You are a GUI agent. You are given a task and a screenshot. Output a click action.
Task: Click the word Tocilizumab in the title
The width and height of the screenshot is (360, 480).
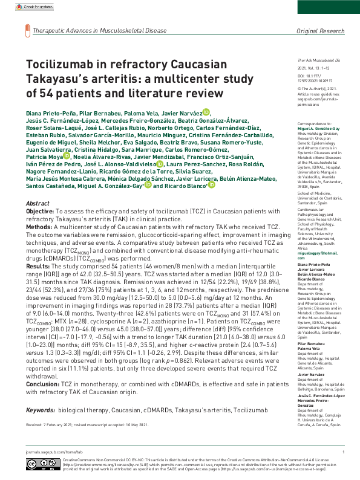(x=66, y=65)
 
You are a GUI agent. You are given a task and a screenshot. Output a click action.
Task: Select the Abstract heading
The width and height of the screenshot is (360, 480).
(x=39, y=204)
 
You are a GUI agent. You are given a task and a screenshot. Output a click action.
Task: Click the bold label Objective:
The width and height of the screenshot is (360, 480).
(x=43, y=212)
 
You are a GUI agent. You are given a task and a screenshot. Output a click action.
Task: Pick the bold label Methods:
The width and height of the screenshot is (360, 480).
(x=41, y=227)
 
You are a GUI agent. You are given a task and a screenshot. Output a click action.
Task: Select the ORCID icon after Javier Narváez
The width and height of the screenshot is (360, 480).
(x=206, y=112)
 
